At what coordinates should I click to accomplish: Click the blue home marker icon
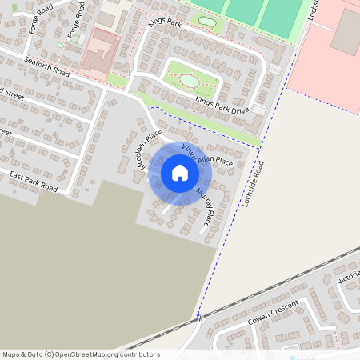tap(179, 173)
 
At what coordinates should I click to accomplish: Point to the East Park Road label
tap(34, 181)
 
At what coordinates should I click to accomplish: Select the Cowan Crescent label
tap(271, 314)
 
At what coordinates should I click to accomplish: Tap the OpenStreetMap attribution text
tap(80, 354)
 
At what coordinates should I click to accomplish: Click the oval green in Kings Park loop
tap(190, 79)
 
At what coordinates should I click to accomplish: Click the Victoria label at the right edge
tap(349, 277)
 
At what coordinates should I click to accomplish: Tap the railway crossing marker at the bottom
tap(198, 317)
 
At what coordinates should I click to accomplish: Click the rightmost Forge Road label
tap(76, 20)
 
